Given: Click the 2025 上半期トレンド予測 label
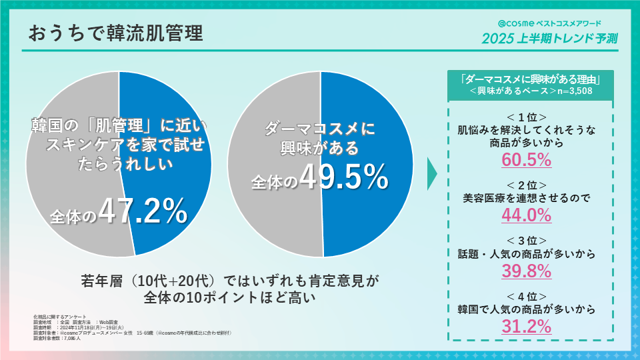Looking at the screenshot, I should coord(550,38).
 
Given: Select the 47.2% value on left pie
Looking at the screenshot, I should coord(143,211).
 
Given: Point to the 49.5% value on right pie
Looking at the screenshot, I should coord(344,177).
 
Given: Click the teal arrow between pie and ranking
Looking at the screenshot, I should coord(431,173).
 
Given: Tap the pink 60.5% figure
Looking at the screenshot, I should coord(526,160).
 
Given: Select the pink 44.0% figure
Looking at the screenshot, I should coord(526,215).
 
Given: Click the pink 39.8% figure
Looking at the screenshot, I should coord(526,271).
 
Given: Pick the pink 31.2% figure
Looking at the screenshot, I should coord(526,327).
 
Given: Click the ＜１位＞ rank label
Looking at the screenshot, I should coord(526,115).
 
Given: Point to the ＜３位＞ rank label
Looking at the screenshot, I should coord(526,240).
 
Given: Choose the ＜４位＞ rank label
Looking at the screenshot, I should coord(526,296).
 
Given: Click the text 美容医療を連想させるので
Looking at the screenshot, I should coord(526,198).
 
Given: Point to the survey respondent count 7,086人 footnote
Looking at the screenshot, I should coord(71,339).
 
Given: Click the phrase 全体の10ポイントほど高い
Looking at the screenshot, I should coord(230,296).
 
